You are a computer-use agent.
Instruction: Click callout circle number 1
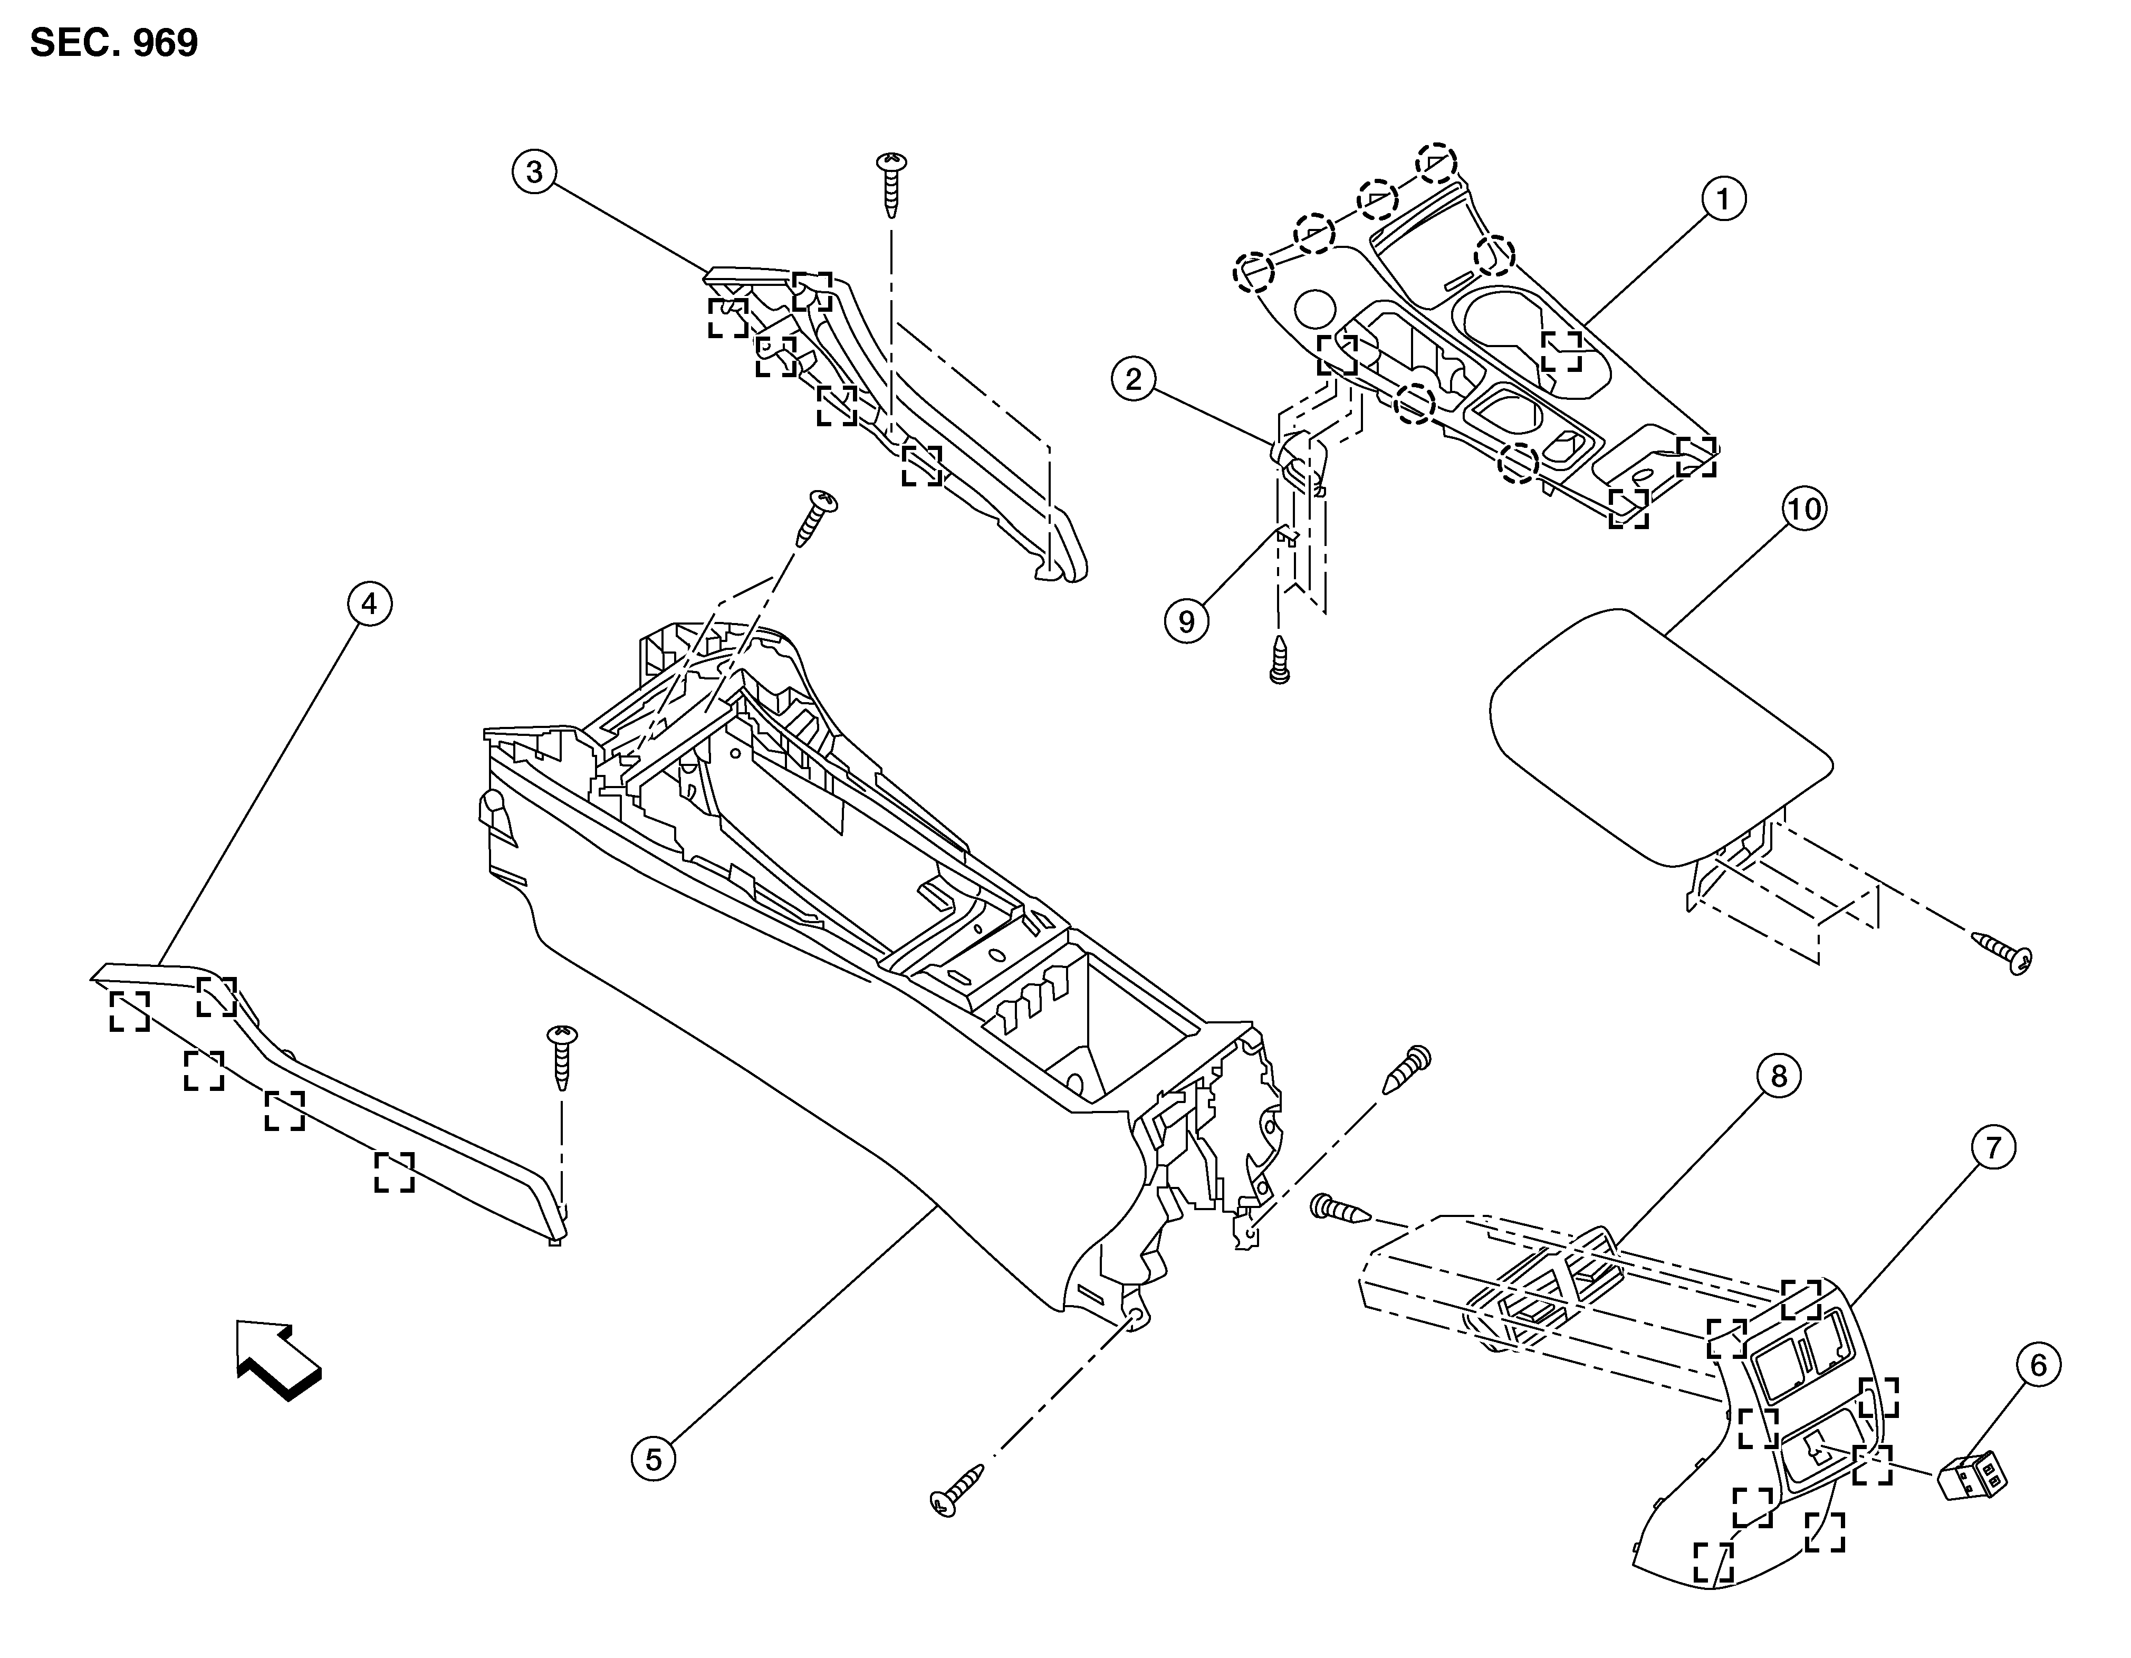(1723, 199)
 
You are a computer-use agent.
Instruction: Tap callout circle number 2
(1133, 379)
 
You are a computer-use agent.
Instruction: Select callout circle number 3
(534, 172)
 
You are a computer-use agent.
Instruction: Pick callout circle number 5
(654, 1459)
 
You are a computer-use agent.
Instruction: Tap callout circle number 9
(1186, 621)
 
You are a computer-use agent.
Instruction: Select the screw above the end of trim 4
(563, 1056)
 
